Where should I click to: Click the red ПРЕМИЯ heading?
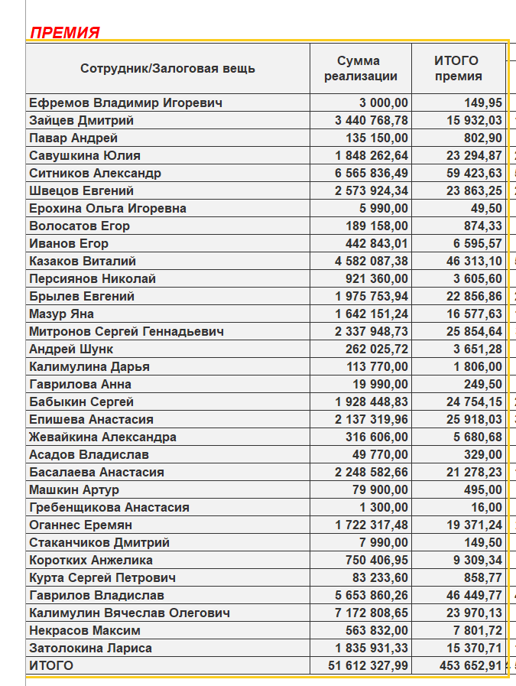65,32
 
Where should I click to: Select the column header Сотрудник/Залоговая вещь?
167,68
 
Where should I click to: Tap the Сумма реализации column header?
361,68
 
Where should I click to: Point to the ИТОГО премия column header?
458,68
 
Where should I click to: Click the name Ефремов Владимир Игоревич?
125,102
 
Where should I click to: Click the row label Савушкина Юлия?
85,155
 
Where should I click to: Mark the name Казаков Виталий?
83,261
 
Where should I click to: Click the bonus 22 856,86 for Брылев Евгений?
475,296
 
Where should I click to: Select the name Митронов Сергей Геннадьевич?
126,331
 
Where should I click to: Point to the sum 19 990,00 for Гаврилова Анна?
375,384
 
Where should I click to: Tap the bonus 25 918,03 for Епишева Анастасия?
475,419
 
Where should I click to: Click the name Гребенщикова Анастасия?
109,507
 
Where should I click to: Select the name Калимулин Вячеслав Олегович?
129,613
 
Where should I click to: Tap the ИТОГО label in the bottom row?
51,666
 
